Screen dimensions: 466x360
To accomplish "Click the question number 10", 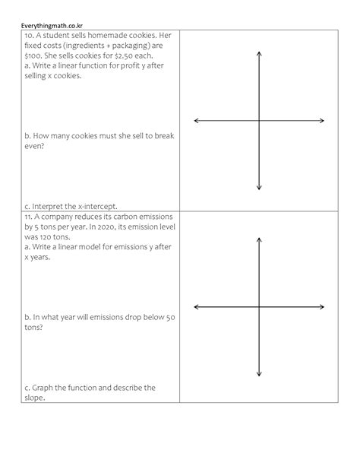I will [x=28, y=36].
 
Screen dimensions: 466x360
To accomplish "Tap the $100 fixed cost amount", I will [x=32, y=55].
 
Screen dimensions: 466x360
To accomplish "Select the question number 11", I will [x=28, y=216].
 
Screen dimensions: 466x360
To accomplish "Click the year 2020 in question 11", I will [x=96, y=227].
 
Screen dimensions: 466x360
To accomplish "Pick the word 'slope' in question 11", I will [x=35, y=398].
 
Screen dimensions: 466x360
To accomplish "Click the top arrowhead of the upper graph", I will [x=259, y=53].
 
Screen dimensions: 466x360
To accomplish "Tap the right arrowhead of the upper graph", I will [x=322, y=120].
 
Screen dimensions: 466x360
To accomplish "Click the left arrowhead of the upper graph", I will [x=197, y=120].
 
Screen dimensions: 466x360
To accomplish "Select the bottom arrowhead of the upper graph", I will [x=259, y=187].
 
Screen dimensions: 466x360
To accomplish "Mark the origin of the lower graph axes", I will [x=259, y=306].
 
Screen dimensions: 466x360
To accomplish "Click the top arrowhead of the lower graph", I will [x=259, y=239].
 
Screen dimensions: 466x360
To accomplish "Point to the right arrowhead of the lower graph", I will [x=322, y=306].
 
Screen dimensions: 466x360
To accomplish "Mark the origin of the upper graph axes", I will [x=259, y=120].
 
